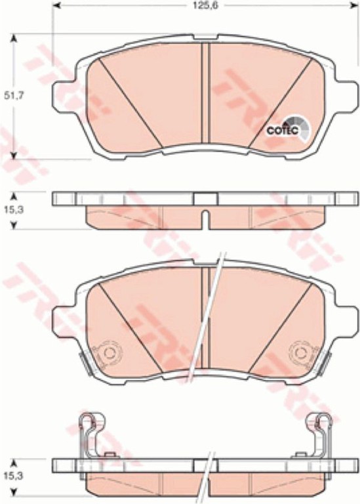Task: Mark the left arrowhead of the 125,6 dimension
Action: pos(55,5)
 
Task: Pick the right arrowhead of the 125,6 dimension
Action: pos(355,5)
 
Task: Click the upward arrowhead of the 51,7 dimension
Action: pos(14,38)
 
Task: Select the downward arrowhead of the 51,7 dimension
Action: pos(14,156)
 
